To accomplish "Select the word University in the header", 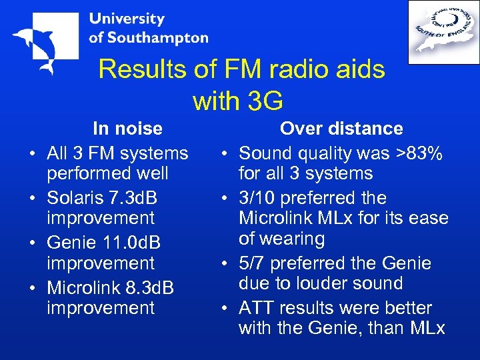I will coord(127,19).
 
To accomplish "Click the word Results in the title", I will coord(137,69).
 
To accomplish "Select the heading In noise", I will coord(127,128).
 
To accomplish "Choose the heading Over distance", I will coord(341,128).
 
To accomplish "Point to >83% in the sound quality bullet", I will coord(419,153).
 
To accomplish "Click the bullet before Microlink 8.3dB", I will coord(32,289).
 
